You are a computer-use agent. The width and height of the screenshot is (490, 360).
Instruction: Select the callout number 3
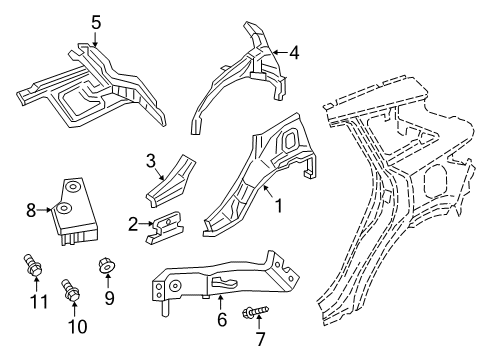click(x=150, y=160)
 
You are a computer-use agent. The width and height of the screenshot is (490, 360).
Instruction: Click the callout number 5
click(x=96, y=21)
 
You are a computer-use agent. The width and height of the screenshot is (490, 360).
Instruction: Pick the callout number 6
click(x=222, y=319)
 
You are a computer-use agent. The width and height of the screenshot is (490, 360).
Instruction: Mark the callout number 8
click(x=31, y=211)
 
